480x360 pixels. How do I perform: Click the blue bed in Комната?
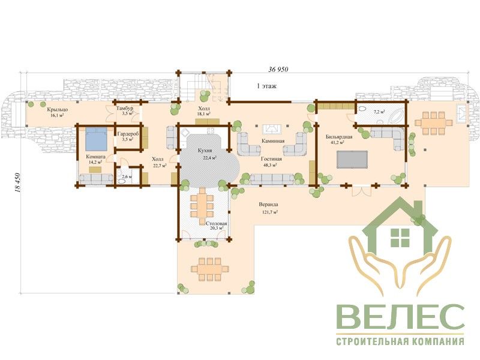click(96, 139)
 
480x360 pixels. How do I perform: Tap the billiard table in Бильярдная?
click(352, 159)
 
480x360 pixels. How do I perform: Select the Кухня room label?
click(205, 151)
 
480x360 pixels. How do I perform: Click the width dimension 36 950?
click(278, 70)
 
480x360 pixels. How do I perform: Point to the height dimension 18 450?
click(17, 183)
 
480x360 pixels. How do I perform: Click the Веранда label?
click(268, 205)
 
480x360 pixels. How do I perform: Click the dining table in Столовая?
click(202, 206)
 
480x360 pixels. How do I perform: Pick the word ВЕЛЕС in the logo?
click(400, 317)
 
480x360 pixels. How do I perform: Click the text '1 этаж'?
click(266, 86)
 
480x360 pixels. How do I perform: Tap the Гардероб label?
click(128, 134)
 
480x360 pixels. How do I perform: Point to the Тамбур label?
click(125, 109)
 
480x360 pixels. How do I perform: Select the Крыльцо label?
click(58, 109)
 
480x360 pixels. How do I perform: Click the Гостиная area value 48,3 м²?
click(271, 165)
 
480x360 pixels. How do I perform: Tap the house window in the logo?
click(400, 237)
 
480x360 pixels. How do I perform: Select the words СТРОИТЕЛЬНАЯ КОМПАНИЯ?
click(400, 341)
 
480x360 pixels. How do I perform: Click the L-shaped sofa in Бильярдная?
click(388, 138)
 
